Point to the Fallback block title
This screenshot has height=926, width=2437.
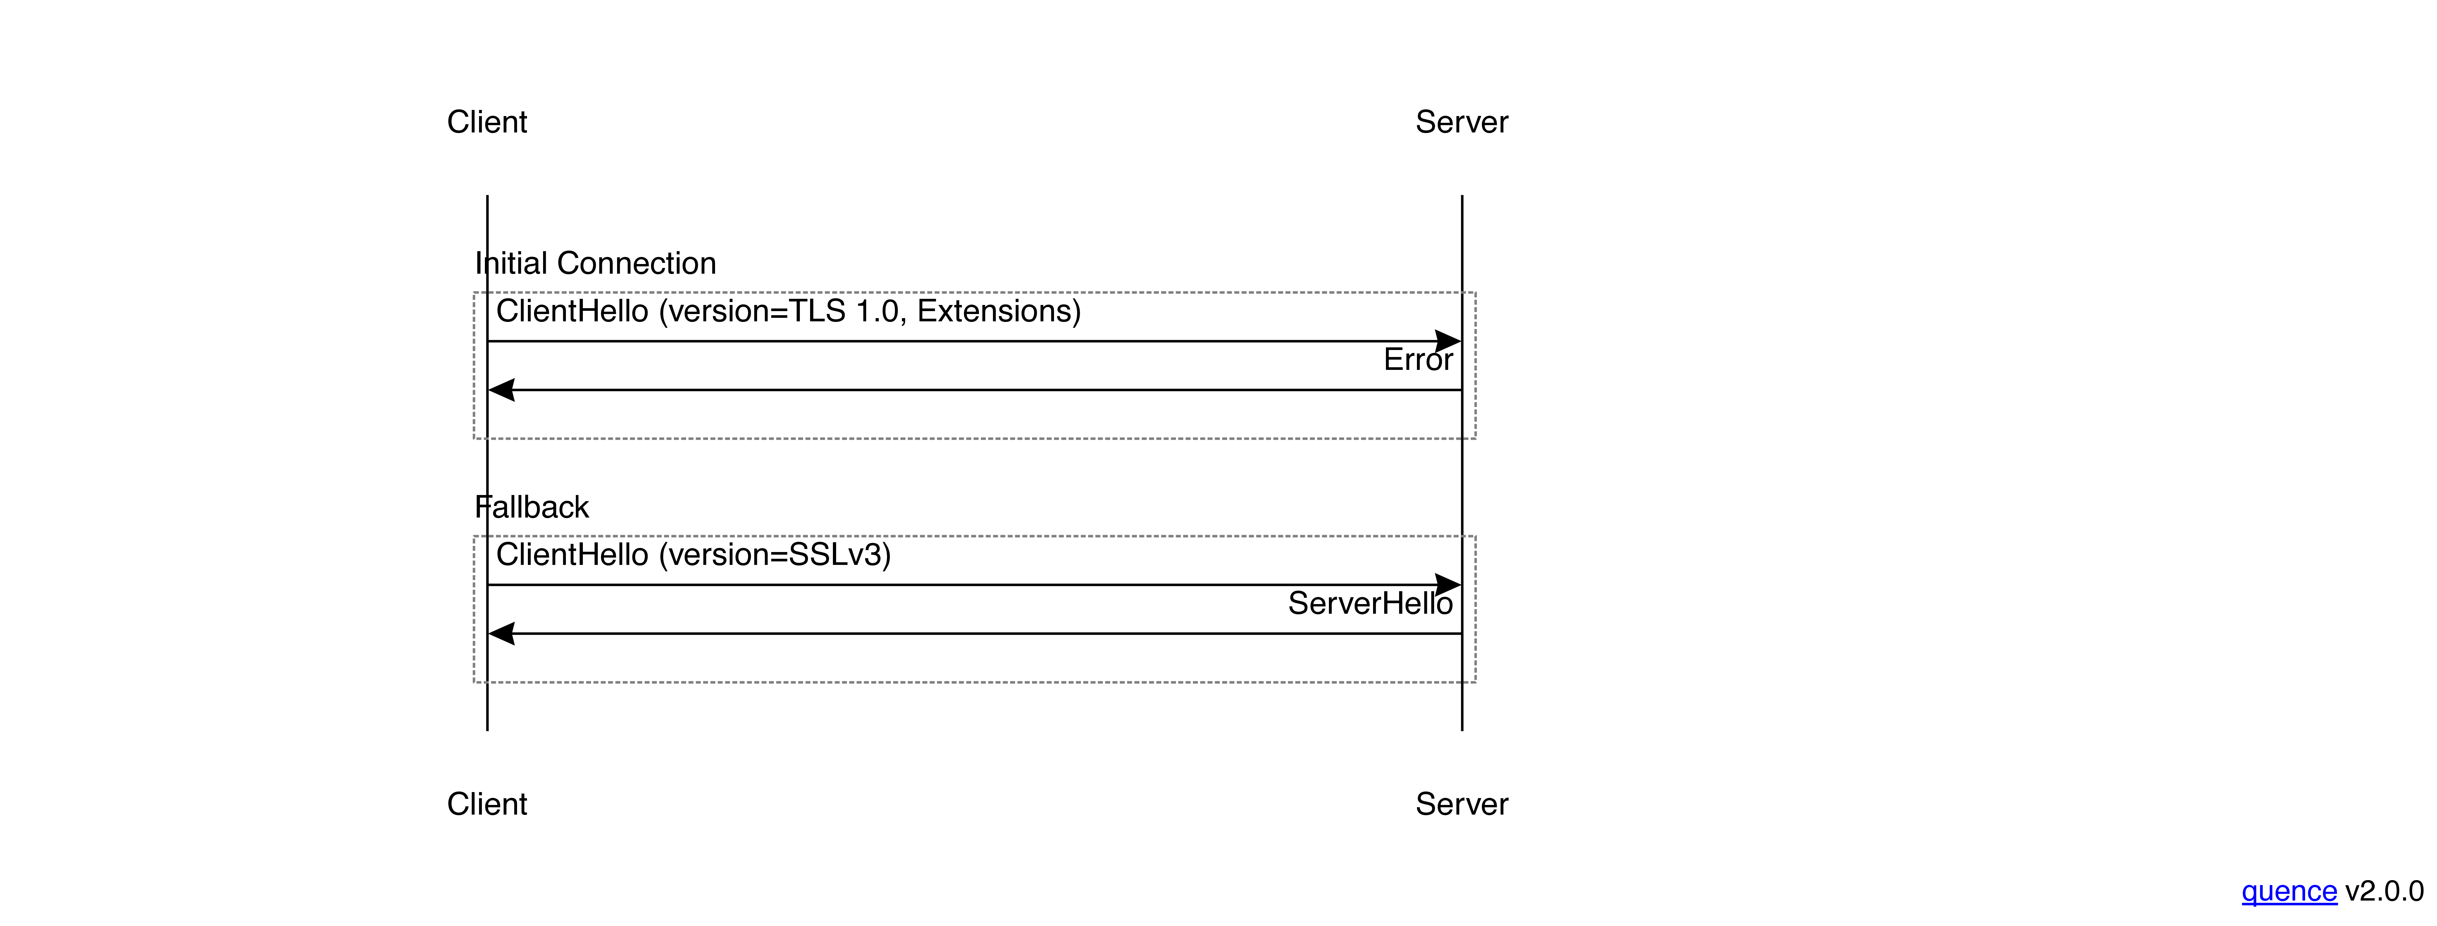pyautogui.click(x=532, y=507)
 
